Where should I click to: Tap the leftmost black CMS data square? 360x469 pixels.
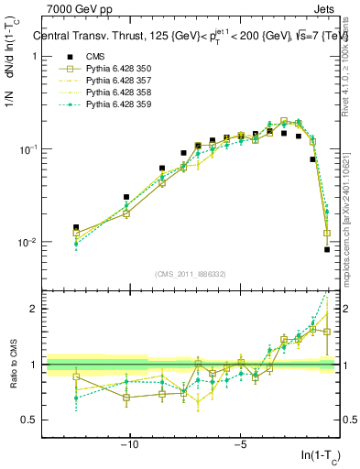pyautogui.click(x=76, y=227)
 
